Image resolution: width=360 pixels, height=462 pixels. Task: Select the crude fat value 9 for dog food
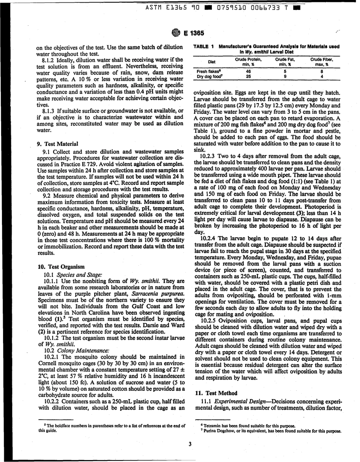point(285,76)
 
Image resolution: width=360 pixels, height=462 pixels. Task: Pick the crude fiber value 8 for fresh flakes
point(322,71)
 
